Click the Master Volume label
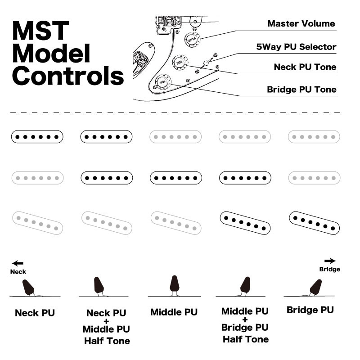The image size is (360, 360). coord(301,23)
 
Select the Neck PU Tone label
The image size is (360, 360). coord(305,67)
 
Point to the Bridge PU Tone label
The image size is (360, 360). coord(301,89)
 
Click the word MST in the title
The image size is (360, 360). coord(40,31)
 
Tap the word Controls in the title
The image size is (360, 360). coord(67,76)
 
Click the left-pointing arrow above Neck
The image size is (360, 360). coord(18,263)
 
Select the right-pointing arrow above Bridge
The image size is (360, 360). coord(330,261)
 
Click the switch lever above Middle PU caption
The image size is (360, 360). coord(175,284)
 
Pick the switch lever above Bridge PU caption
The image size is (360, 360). coord(316,287)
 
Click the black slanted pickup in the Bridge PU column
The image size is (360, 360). coord(314,222)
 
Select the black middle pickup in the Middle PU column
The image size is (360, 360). coord(175,178)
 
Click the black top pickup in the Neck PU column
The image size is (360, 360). coord(37,137)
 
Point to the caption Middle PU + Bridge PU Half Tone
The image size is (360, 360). coord(245,325)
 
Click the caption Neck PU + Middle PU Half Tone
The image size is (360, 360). coord(106,327)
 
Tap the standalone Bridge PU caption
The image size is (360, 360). coord(310,310)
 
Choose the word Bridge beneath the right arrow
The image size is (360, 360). coord(329,269)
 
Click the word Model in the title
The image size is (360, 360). coord(51,54)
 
